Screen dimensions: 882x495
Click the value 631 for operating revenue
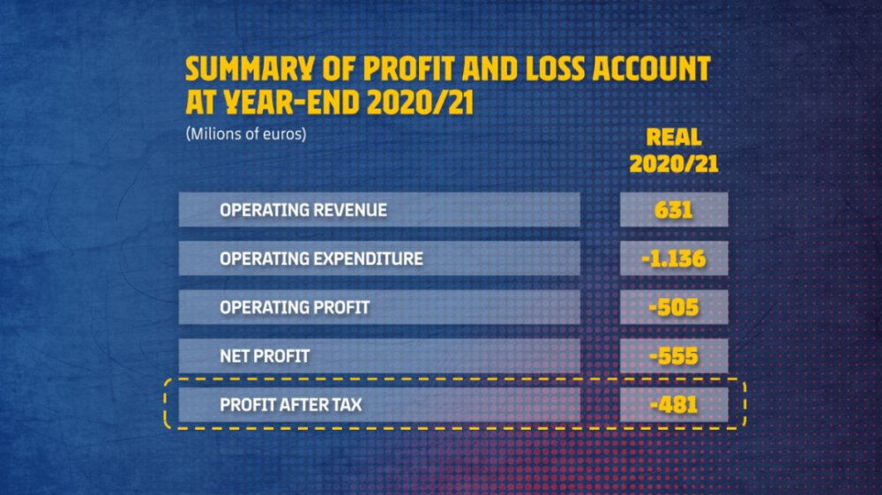pyautogui.click(x=673, y=210)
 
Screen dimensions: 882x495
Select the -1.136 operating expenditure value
pyautogui.click(x=673, y=259)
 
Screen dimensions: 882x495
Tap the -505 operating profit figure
pyautogui.click(x=673, y=308)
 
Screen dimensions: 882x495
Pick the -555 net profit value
pyautogui.click(x=673, y=356)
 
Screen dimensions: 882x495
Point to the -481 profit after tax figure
pyautogui.click(x=673, y=405)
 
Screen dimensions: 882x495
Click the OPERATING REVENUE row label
pyautogui.click(x=303, y=210)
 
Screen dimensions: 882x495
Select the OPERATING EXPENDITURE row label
pyautogui.click(x=321, y=259)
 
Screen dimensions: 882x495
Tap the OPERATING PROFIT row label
pyautogui.click(x=295, y=308)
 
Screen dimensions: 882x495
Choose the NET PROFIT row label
pyautogui.click(x=265, y=356)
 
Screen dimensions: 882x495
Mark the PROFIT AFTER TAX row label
pyautogui.click(x=291, y=405)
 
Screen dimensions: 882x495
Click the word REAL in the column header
pyautogui.click(x=674, y=138)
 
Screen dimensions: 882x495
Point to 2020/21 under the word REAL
pyautogui.click(x=674, y=164)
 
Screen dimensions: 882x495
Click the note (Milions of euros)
pyautogui.click(x=246, y=134)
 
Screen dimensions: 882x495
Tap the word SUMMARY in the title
pyautogui.click(x=250, y=69)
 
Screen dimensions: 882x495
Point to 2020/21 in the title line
pyautogui.click(x=420, y=103)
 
